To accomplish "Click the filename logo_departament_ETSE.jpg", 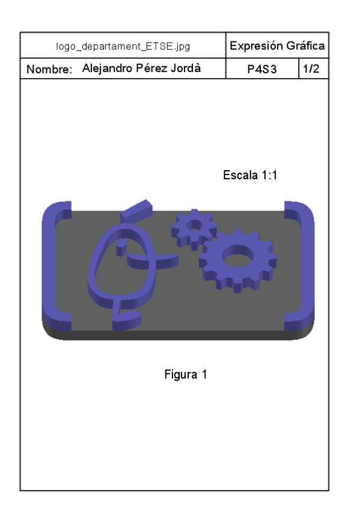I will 123,46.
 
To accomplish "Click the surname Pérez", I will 154,69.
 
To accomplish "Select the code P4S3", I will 261,70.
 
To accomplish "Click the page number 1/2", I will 311,69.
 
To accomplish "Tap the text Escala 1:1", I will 249,176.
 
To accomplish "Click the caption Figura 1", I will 186,374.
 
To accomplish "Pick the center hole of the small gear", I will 194,226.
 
